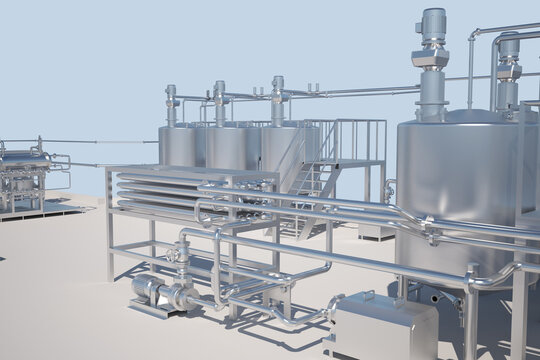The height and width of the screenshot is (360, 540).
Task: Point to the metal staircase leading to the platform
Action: pos(310,180)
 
